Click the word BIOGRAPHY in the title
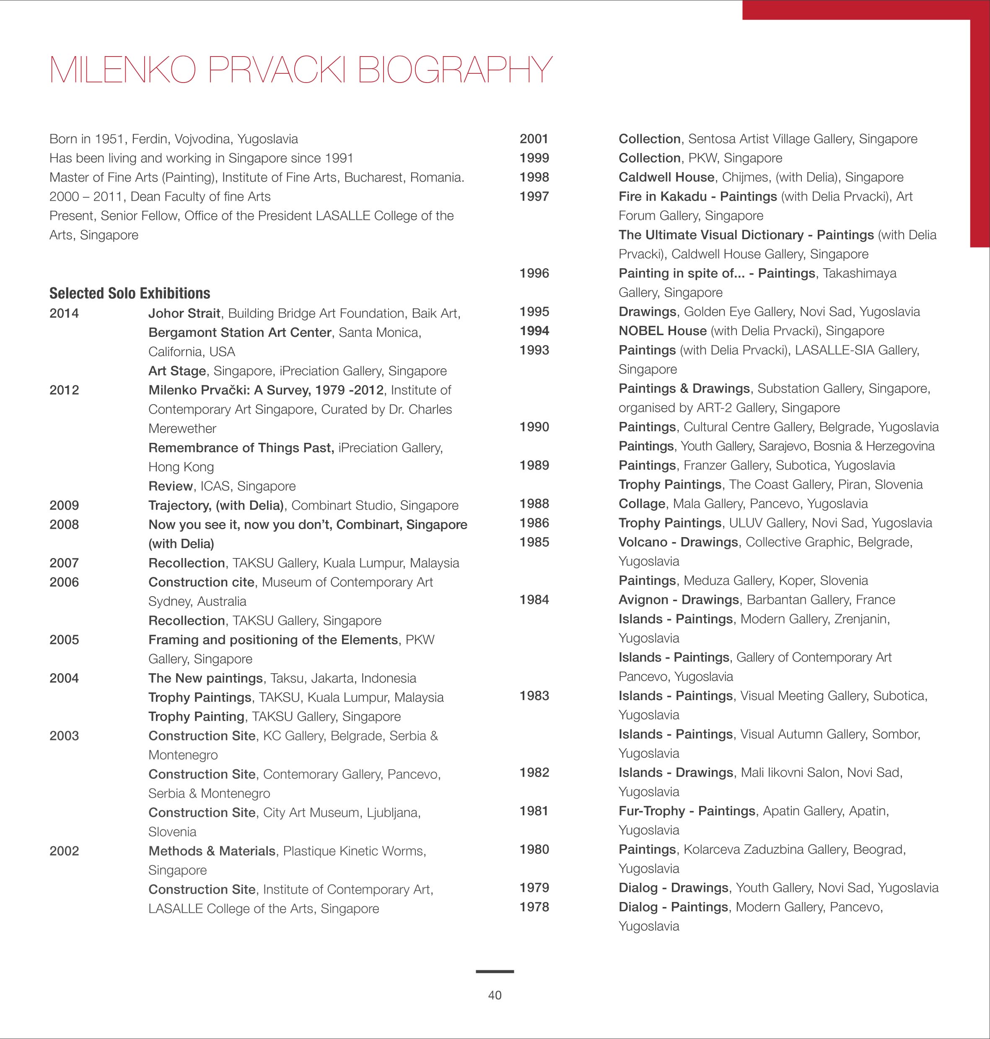454,70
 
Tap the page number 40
495,995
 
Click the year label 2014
64,313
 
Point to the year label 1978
534,907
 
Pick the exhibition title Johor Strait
184,313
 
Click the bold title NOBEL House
662,331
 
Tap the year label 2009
64,505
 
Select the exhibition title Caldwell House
666,177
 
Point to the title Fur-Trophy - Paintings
687,811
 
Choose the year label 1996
534,273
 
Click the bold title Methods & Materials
212,851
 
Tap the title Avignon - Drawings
678,600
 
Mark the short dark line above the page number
495,971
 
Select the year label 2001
534,139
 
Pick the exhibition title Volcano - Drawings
678,542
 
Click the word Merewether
182,428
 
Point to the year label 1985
534,542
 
